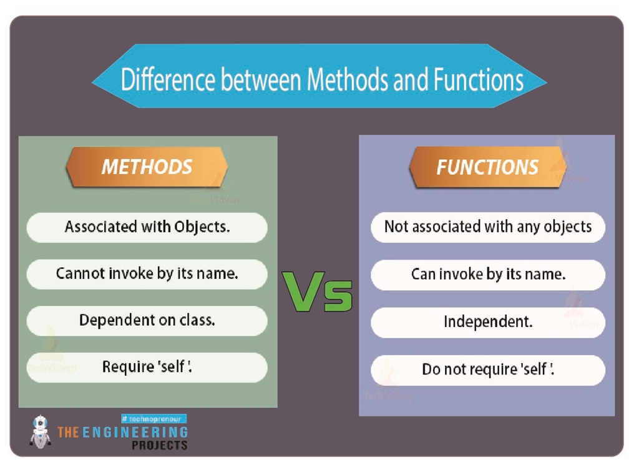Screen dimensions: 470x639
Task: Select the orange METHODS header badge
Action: [x=147, y=167]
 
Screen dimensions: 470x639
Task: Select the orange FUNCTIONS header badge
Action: [x=487, y=167]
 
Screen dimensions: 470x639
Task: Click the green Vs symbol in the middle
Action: [x=318, y=291]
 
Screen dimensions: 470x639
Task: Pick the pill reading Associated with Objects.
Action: [x=147, y=227]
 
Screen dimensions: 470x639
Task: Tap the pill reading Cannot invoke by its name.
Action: [x=147, y=273]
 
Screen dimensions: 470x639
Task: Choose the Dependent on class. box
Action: [x=147, y=320]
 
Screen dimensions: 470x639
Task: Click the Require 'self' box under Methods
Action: [x=147, y=367]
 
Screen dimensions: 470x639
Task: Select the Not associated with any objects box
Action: [x=487, y=227]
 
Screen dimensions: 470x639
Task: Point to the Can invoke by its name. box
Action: [x=487, y=274]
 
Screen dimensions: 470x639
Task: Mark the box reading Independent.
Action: [x=487, y=322]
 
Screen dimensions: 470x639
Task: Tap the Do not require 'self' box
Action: [x=487, y=370]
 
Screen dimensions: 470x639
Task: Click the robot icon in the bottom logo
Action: [x=41, y=431]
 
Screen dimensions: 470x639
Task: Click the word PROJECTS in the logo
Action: [x=159, y=445]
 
